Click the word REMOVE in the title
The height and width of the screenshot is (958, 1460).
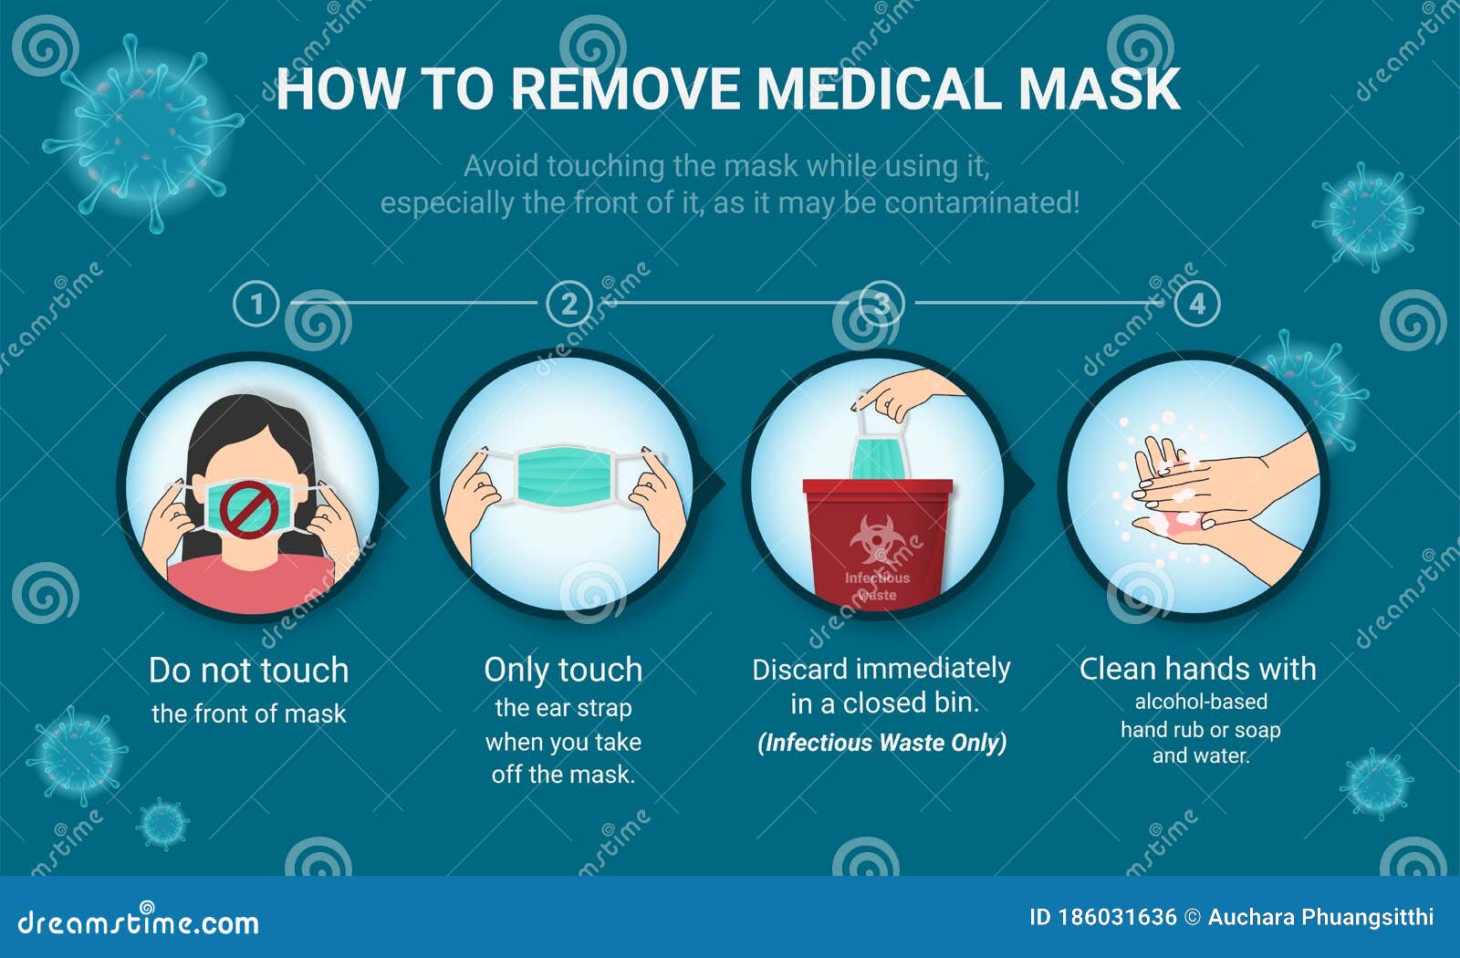coord(626,89)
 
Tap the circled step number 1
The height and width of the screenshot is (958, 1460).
coord(255,304)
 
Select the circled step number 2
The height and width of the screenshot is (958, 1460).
coord(568,304)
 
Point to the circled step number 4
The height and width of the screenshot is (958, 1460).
coord(1197,304)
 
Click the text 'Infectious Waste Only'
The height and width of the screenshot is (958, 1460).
coord(881,743)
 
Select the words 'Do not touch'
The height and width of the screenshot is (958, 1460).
coord(248,671)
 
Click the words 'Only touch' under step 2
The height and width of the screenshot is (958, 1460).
coord(563,671)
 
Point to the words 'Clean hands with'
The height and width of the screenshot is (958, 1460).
coord(1197,669)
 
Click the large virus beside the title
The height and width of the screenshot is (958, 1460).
coord(141,132)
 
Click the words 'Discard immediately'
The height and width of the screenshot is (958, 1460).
coord(881,669)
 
